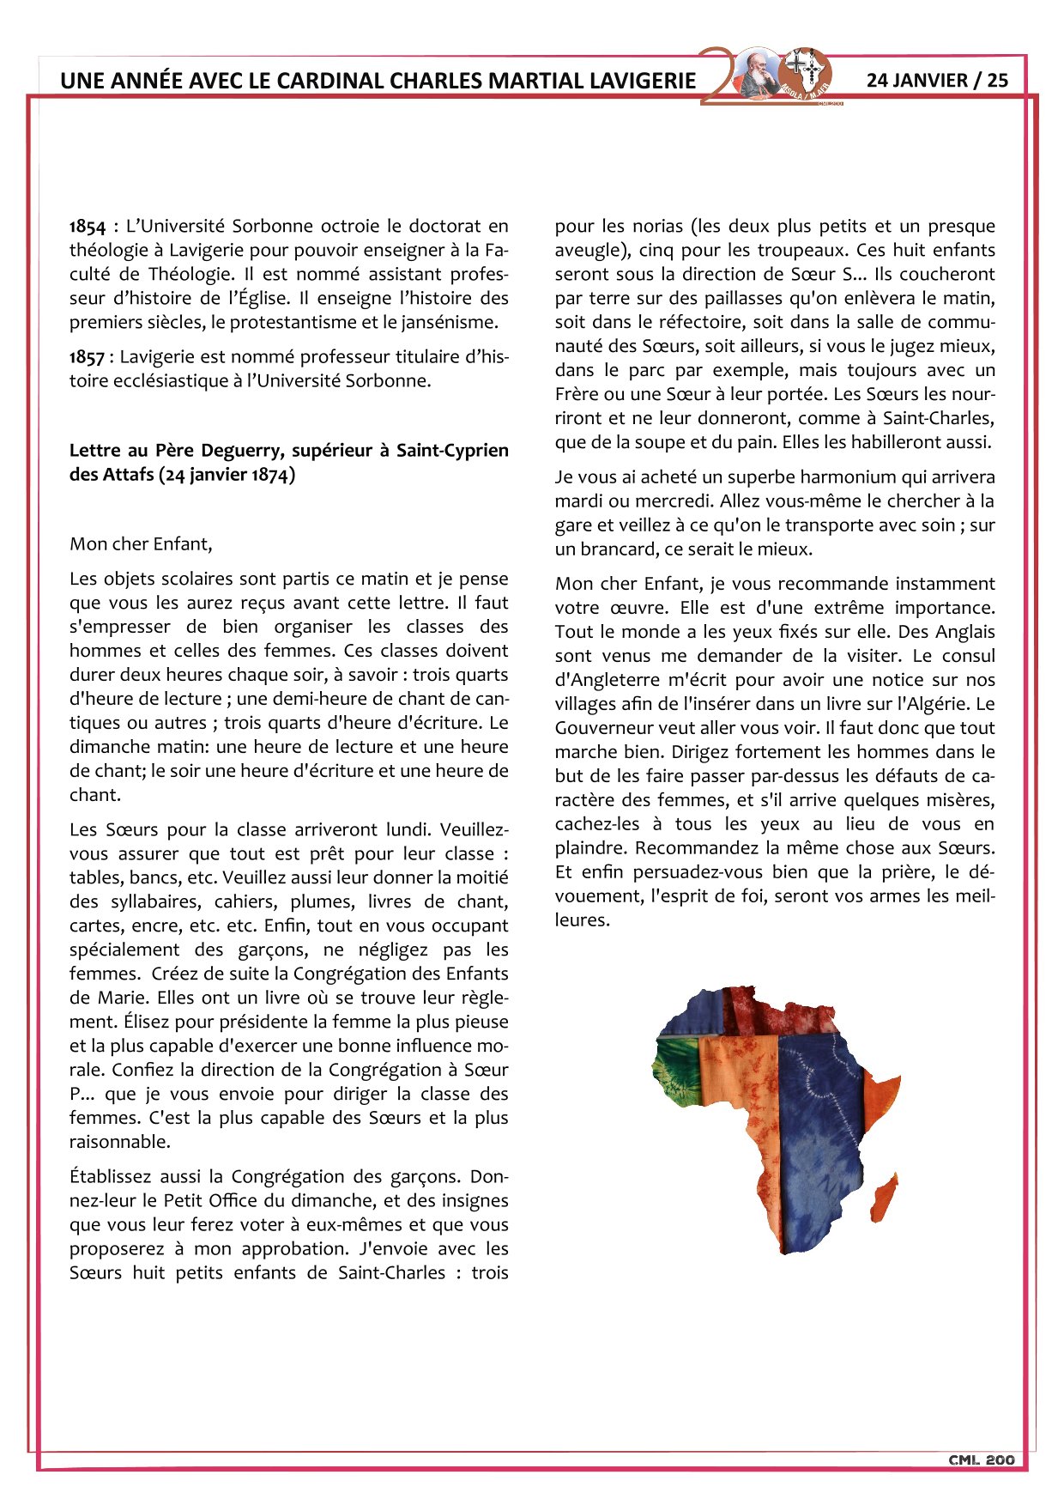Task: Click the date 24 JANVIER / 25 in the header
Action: click(937, 81)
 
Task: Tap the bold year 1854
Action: click(87, 227)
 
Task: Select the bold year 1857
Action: click(87, 357)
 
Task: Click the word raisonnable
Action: click(118, 1143)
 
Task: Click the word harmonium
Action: click(845, 477)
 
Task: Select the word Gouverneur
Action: click(602, 728)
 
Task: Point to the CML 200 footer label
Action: click(981, 1460)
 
